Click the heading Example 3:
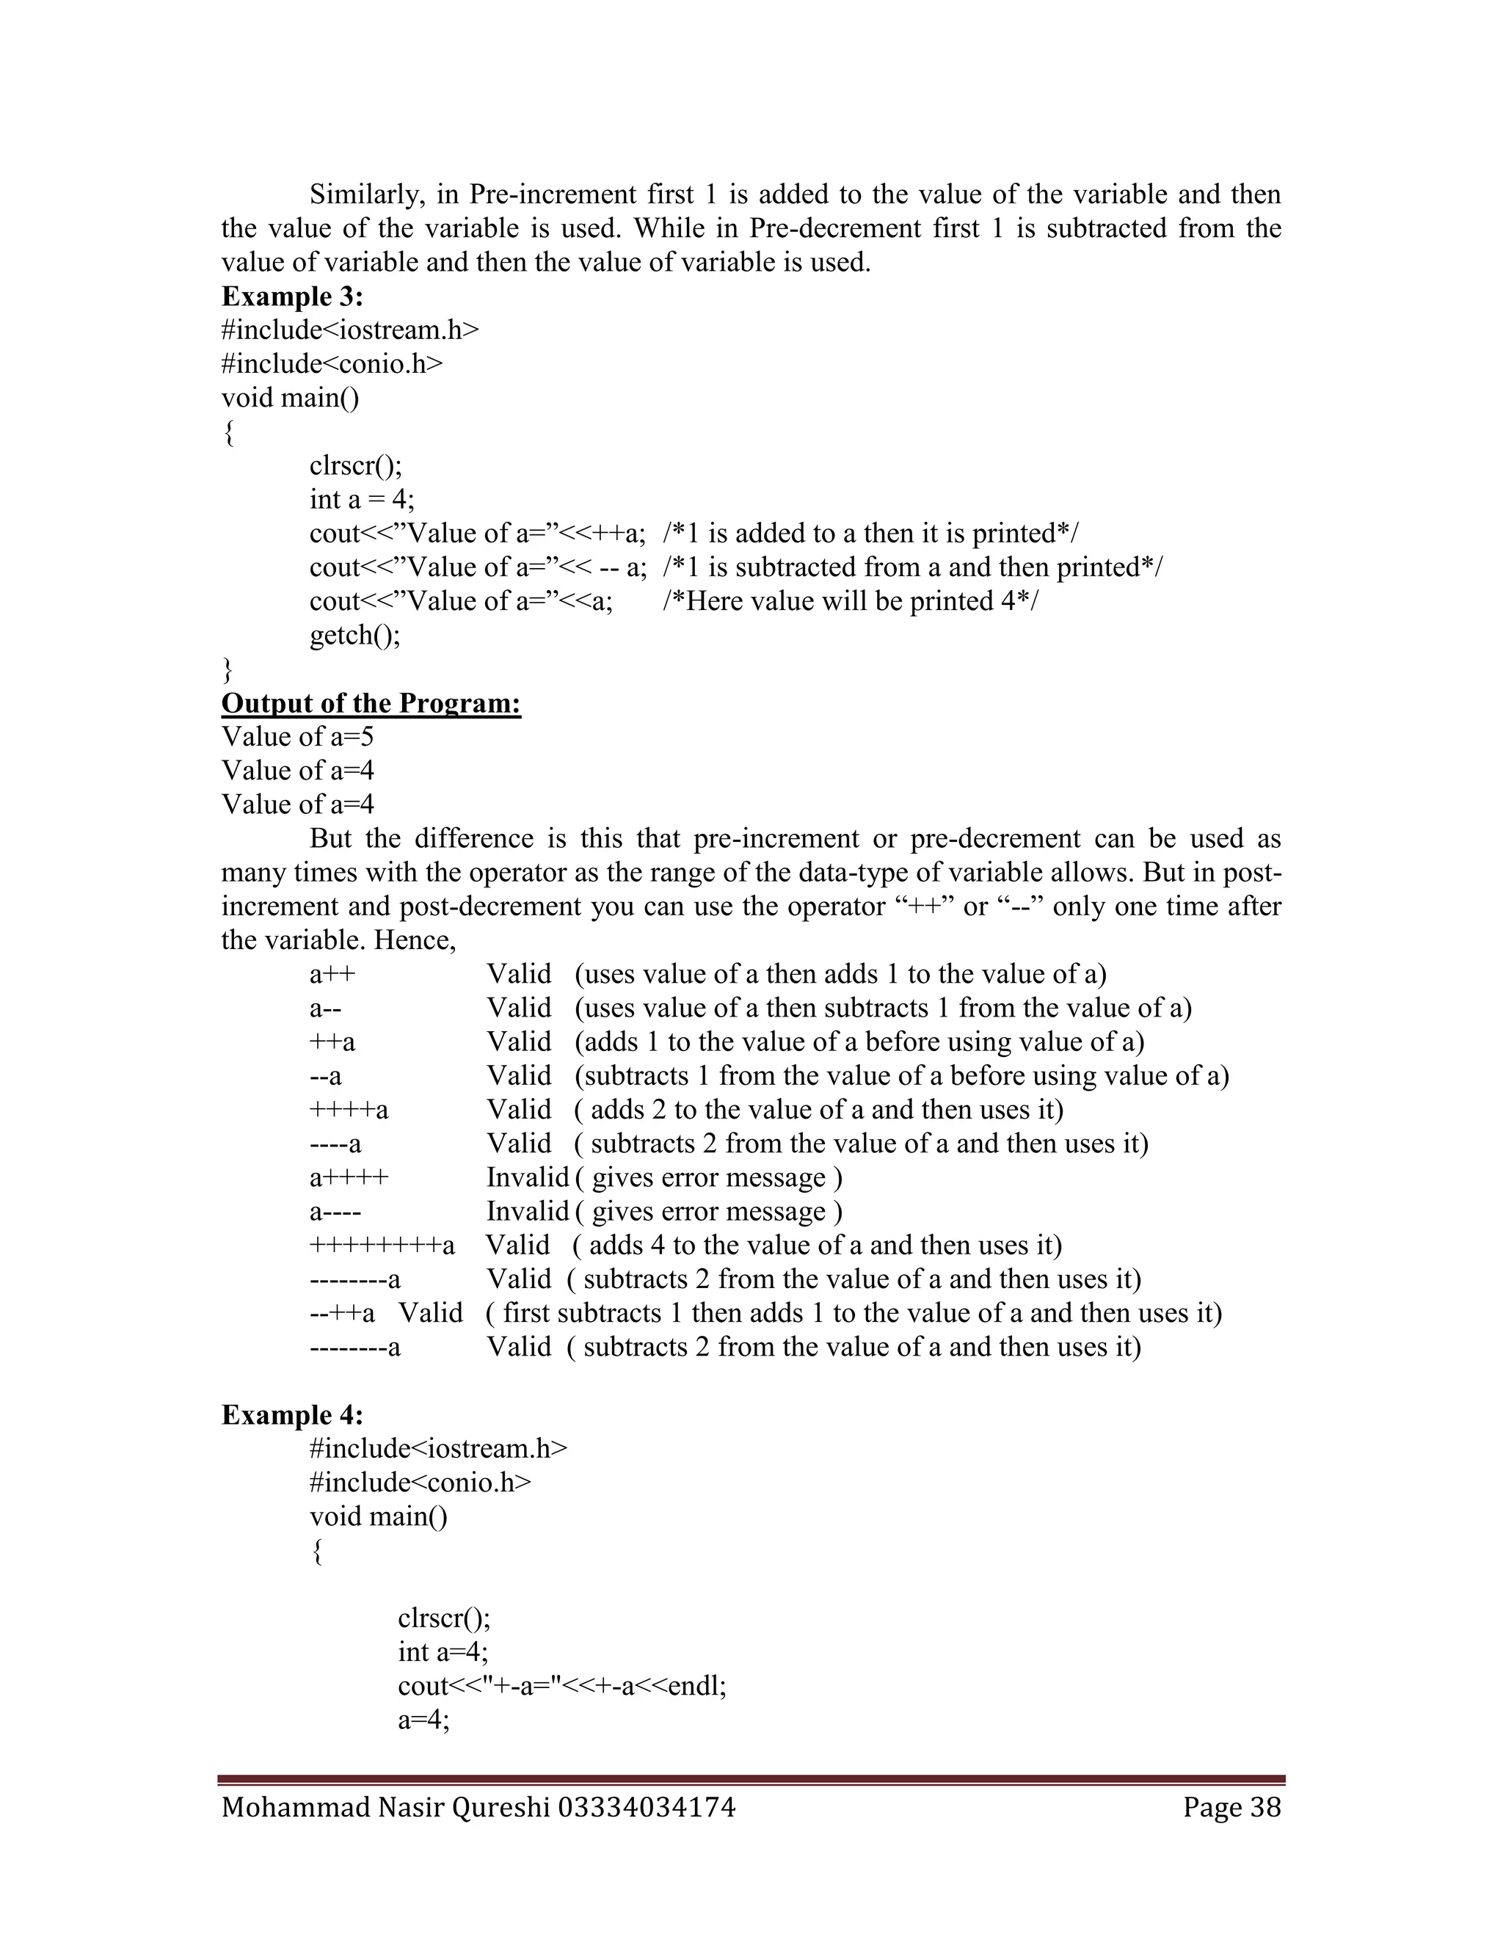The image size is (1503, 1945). (292, 296)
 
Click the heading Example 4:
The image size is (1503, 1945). (292, 1414)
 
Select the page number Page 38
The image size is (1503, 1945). (1231, 1807)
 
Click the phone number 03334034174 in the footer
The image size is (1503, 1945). (647, 1807)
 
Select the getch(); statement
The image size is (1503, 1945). (354, 635)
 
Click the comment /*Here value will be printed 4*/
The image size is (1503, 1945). (851, 601)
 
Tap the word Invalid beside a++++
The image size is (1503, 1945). (527, 1177)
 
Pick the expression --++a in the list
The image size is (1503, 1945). (342, 1313)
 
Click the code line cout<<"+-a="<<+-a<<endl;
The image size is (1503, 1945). (562, 1686)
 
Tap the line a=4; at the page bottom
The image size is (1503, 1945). (424, 1720)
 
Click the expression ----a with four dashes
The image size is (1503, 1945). (335, 1144)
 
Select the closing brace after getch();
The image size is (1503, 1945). (228, 668)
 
